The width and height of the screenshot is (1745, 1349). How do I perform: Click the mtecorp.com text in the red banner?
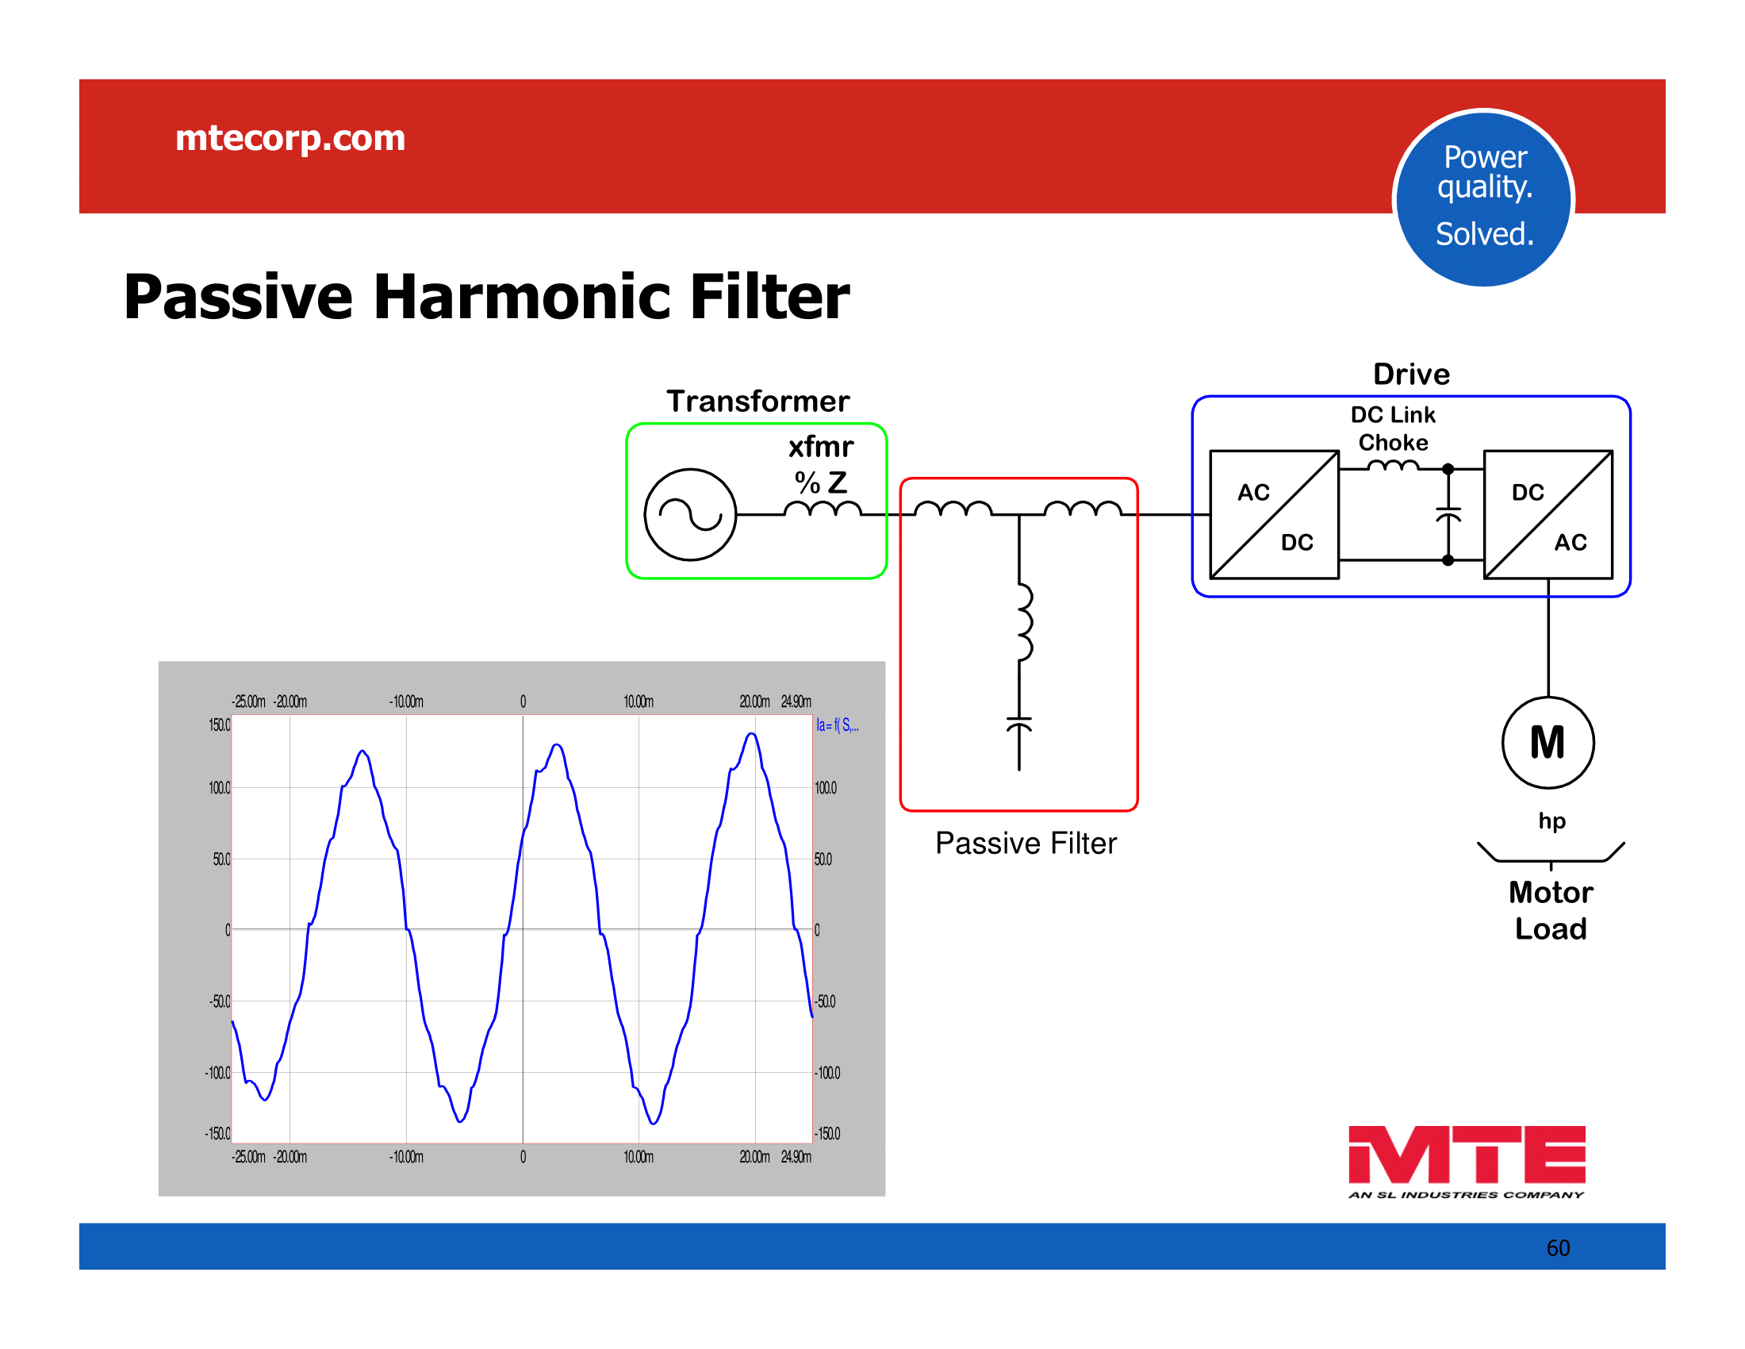click(290, 138)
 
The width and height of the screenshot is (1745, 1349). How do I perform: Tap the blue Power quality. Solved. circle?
click(1483, 198)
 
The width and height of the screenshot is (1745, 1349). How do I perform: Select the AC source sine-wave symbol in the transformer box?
click(689, 515)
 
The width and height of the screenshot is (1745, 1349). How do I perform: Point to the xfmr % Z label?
click(821, 464)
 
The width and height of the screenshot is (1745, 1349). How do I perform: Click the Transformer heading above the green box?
click(757, 402)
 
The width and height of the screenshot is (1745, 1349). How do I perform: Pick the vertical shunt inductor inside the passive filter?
click(1024, 623)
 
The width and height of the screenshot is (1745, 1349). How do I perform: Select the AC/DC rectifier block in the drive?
click(1275, 515)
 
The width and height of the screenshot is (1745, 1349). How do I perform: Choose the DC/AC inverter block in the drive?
click(1547, 515)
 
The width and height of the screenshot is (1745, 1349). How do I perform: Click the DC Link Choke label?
click(1393, 429)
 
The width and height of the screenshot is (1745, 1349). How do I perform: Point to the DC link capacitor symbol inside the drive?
click(1448, 514)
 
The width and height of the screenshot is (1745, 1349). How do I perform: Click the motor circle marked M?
click(1547, 744)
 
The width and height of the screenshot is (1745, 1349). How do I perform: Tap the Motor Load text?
click(1551, 910)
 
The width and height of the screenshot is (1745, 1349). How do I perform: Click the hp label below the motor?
click(1551, 821)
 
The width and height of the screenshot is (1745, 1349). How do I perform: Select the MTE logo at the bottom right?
click(1467, 1162)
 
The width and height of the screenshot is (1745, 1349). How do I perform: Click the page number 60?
click(1558, 1248)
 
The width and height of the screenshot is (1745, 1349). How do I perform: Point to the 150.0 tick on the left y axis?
click(219, 725)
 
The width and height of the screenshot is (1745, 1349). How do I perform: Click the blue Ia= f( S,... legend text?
click(838, 725)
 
